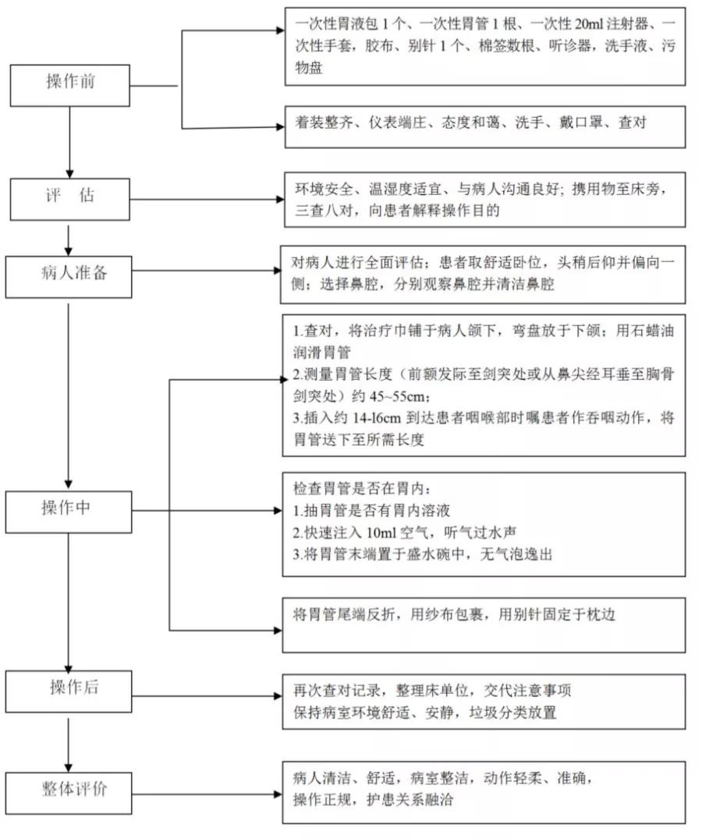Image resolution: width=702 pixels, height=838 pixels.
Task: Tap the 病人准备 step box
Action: (70, 273)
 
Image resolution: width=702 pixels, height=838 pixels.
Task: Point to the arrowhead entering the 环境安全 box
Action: (279, 200)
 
